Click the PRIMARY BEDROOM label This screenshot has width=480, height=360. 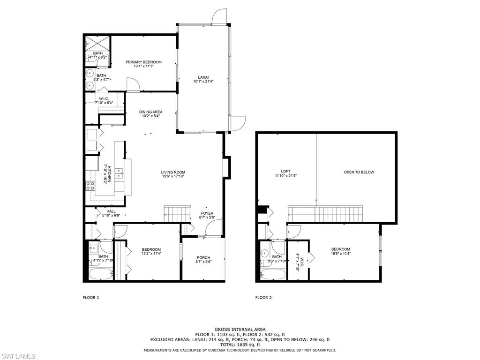point(143,62)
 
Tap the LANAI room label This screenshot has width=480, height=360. point(203,77)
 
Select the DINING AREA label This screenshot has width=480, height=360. point(150,112)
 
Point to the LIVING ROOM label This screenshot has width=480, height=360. point(173,172)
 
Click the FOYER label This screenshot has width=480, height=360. point(207,213)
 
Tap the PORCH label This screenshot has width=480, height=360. point(203,258)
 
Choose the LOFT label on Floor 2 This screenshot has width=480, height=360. point(286,172)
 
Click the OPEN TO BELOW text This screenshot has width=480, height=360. point(359,172)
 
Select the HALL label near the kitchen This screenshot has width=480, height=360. point(111,211)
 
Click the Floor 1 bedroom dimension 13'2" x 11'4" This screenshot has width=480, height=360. point(151,254)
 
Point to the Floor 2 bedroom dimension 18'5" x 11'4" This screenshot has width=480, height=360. point(341,254)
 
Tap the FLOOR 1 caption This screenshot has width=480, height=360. point(91,298)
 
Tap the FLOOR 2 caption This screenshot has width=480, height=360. point(263,298)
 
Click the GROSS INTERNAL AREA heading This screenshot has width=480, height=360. point(240,330)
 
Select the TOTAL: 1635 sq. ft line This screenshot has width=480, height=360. point(240,345)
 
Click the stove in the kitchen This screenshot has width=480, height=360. point(90,186)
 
